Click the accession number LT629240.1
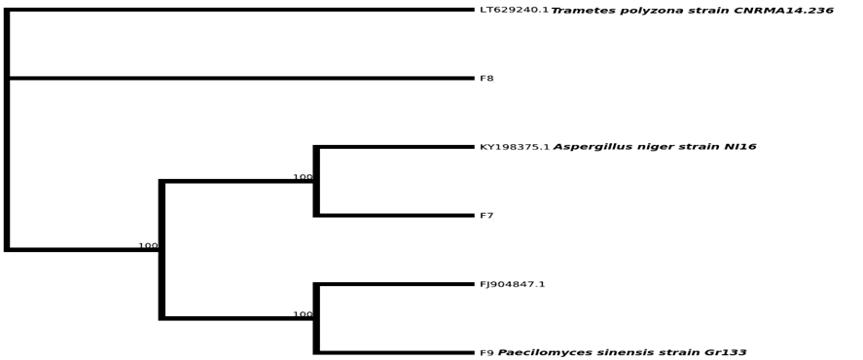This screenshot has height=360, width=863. tap(514, 10)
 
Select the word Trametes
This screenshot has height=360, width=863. tap(575, 11)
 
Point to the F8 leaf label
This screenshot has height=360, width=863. tap(486, 78)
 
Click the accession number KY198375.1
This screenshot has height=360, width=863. tap(515, 147)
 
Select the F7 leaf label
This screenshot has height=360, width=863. tap(486, 216)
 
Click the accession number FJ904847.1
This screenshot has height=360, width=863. tap(513, 284)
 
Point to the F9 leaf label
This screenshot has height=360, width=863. tap(486, 353)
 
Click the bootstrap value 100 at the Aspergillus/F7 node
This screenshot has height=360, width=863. tap(303, 177)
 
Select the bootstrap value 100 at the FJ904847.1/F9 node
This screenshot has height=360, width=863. tap(303, 314)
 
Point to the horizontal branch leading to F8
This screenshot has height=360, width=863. tap(241, 78)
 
